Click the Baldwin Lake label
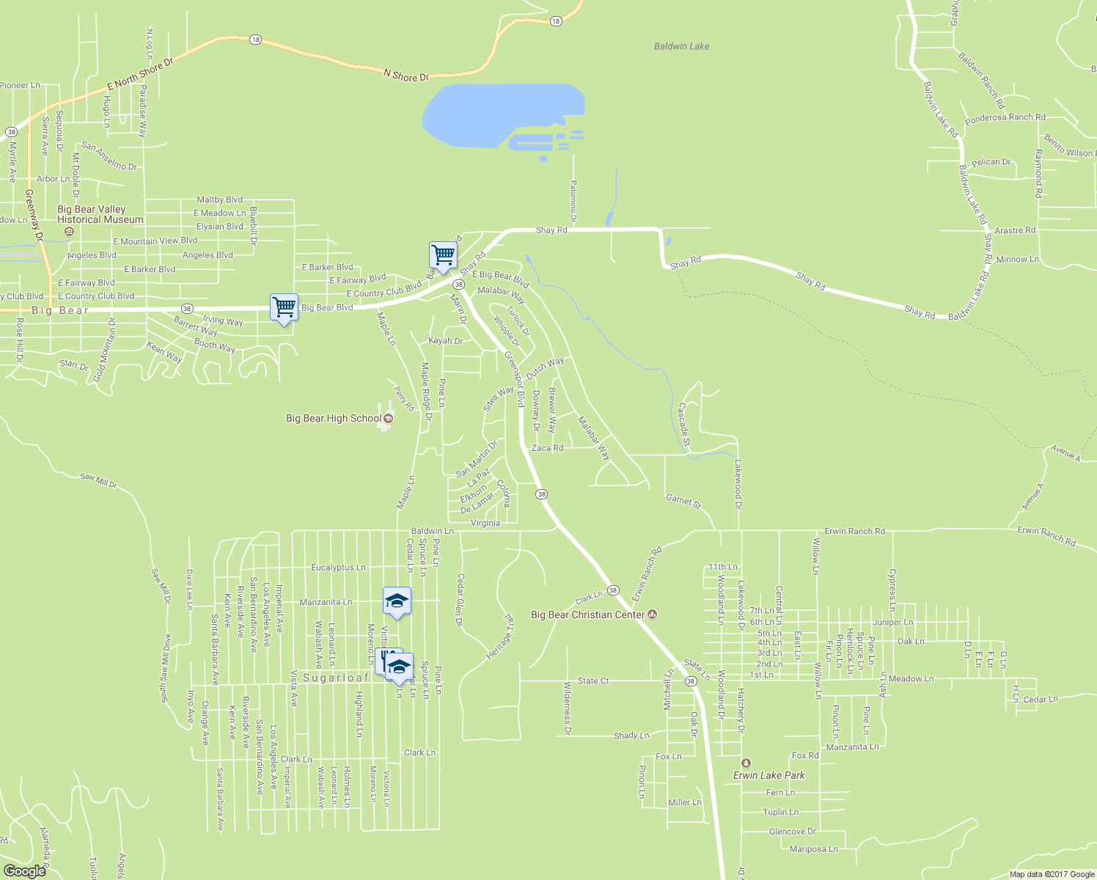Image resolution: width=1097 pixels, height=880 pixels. point(681,46)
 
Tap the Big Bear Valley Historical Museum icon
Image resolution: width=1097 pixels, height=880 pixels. point(69,232)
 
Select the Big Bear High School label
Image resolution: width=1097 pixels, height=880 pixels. point(334,419)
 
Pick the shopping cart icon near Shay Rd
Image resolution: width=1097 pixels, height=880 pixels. point(443,256)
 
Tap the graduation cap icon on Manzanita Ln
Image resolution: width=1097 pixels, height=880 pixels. point(397,601)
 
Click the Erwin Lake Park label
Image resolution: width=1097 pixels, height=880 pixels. point(769,775)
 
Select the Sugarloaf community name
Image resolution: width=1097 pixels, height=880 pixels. point(336,678)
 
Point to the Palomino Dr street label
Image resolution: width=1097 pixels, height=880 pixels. point(573,202)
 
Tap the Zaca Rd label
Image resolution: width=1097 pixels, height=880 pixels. point(547,447)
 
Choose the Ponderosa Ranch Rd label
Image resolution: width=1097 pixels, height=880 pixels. point(1005,117)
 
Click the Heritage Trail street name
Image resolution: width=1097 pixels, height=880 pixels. point(498,636)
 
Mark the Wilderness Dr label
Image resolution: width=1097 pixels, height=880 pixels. point(567,708)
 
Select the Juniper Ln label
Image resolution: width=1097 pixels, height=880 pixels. point(892,622)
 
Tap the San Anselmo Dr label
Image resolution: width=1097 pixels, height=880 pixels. point(109,156)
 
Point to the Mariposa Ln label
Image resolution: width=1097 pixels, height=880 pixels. point(813,849)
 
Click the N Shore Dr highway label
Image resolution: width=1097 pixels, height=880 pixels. point(406,76)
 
